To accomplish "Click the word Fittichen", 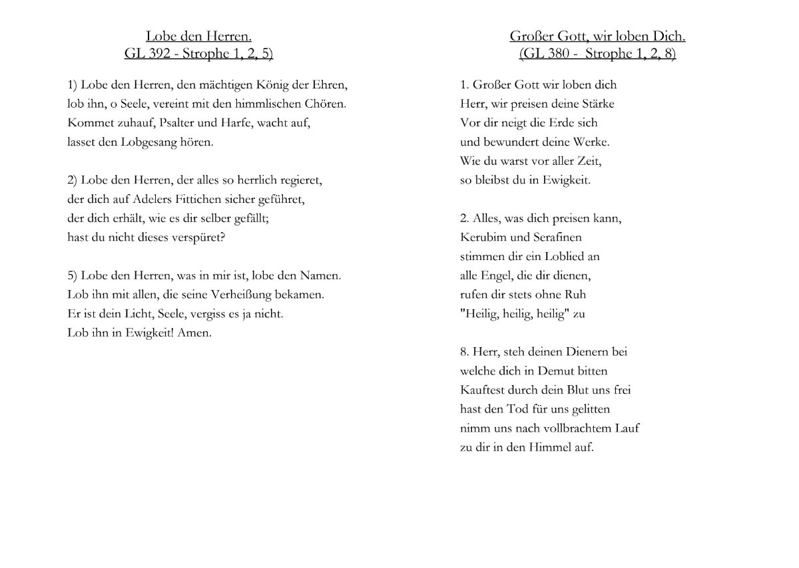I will coord(193,199).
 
